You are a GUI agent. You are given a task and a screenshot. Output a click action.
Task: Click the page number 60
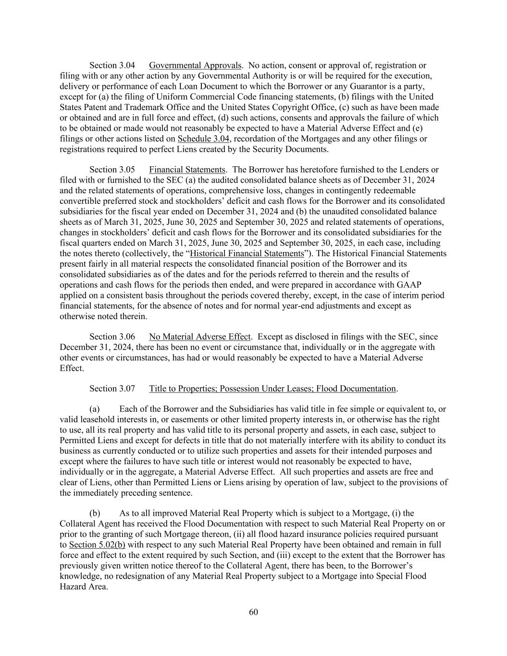[254, 612]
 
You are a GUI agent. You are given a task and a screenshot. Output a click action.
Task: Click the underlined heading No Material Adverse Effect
[200, 337]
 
